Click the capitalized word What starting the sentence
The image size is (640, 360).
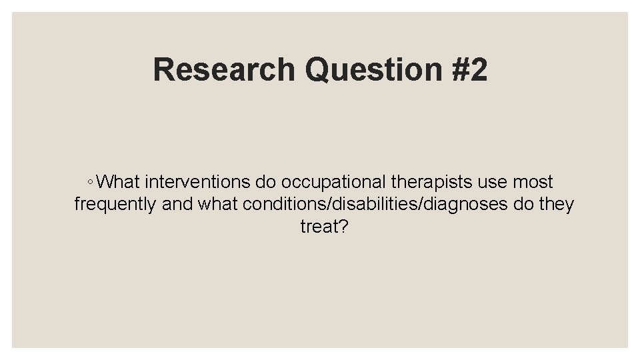click(118, 181)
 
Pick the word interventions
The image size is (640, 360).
click(197, 181)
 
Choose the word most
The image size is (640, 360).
click(535, 181)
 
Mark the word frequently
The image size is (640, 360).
click(115, 204)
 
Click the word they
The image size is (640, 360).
click(556, 204)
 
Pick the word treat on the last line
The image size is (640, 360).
click(319, 227)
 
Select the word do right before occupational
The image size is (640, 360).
click(266, 181)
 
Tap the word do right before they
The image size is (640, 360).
click(524, 204)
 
